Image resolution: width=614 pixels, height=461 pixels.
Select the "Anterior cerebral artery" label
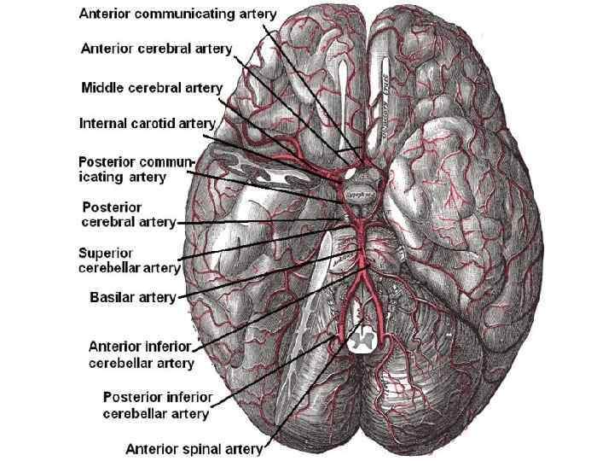[x=156, y=49]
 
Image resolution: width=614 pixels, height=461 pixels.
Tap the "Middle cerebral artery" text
[x=151, y=87]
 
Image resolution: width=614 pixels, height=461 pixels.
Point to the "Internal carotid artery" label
[x=147, y=123]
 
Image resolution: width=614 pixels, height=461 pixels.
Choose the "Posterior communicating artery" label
[x=136, y=169]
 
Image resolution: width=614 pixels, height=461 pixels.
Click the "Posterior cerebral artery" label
[x=128, y=214]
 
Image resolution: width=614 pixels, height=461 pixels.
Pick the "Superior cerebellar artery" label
[x=129, y=260]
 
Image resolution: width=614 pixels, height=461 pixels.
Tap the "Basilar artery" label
[x=132, y=297]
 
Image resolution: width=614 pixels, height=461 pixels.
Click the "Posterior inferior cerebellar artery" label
[x=156, y=406]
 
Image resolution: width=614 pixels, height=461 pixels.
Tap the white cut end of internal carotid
[x=349, y=172]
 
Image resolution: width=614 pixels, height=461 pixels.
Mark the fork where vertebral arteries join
[x=362, y=274]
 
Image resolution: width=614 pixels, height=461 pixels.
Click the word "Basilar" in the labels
[x=113, y=297]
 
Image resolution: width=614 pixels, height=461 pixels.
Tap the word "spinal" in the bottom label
[x=210, y=446]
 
